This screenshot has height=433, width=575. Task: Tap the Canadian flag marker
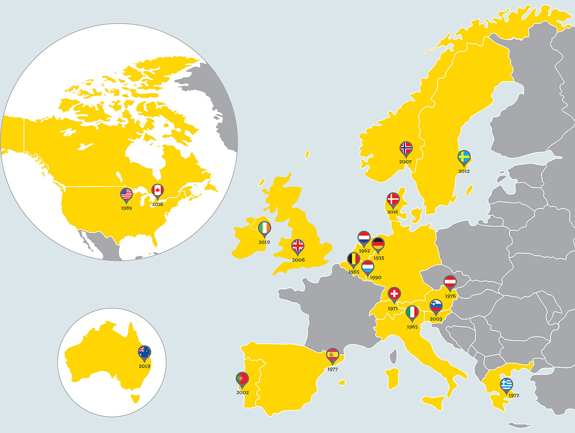[157, 190]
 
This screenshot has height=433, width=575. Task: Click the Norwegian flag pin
[406, 148]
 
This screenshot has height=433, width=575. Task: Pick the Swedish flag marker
[464, 157]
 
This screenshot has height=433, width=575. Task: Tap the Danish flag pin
[393, 199]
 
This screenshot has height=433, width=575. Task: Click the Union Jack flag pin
[297, 246]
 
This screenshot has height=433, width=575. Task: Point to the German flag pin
[378, 244]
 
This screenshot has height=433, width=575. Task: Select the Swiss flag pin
[394, 294]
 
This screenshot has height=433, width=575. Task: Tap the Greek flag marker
[506, 384]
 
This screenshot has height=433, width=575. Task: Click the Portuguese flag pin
[242, 378]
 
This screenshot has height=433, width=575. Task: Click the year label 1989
[126, 207]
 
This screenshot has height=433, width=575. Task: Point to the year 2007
[405, 161]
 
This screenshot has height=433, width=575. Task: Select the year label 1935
[378, 258]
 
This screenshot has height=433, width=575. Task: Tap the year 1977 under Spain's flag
[333, 369]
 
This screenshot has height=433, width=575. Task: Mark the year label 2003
[436, 319]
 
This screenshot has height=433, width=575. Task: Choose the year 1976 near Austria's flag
[450, 296]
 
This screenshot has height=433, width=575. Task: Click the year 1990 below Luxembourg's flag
[375, 278]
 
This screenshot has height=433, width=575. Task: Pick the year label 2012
[464, 171]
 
